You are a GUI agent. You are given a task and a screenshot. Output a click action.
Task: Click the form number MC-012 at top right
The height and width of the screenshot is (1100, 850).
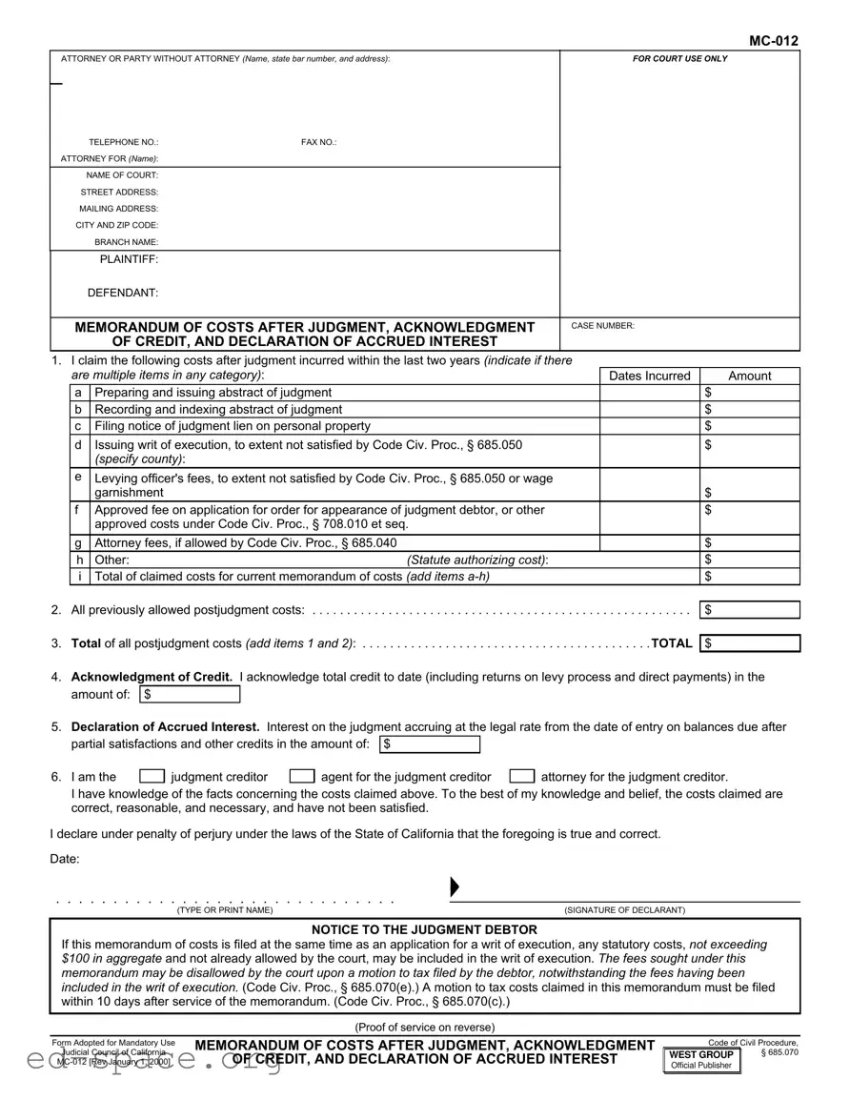coord(773,40)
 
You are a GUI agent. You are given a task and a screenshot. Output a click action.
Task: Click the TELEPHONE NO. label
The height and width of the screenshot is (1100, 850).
coord(124,142)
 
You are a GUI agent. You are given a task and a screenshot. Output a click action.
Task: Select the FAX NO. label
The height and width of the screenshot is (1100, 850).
coord(319,142)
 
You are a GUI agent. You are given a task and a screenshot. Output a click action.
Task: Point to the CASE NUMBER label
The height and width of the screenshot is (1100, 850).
coord(602,326)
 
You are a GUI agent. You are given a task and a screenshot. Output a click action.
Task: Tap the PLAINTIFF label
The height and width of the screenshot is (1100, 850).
coord(129,259)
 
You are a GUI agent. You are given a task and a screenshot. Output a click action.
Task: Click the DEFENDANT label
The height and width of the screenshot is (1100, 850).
coord(123,293)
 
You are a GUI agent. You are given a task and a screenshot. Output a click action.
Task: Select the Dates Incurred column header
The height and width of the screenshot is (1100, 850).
coord(649,376)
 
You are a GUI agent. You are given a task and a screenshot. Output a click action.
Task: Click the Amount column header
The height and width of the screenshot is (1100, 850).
coord(749,376)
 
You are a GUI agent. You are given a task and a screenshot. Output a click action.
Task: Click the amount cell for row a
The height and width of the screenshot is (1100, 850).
coord(750,393)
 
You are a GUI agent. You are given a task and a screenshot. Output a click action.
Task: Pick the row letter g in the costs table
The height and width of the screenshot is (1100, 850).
coord(77,543)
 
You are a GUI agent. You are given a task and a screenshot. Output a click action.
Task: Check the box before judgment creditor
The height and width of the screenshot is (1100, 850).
coord(152,776)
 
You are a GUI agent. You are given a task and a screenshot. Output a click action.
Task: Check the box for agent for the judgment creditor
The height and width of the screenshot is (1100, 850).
coord(302,776)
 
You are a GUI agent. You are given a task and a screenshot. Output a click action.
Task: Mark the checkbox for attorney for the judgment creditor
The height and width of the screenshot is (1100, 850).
coord(521,776)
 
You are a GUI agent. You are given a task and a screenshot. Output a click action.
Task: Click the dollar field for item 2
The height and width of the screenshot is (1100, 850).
coord(750,610)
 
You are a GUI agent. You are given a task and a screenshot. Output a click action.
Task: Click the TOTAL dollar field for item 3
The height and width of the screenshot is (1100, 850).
coord(750,643)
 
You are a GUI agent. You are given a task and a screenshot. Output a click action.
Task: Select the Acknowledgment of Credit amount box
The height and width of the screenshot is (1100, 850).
coord(190,694)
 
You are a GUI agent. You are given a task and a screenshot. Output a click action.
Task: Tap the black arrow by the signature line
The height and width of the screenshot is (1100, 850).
coord(455,887)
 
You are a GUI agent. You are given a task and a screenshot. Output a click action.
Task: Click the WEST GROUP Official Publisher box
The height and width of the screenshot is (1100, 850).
coord(701,1060)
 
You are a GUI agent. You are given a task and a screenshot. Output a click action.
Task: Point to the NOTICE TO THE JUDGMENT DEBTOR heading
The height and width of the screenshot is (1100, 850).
coord(424,929)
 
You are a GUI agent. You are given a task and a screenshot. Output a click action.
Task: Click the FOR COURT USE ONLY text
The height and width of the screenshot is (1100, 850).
coord(679,59)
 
